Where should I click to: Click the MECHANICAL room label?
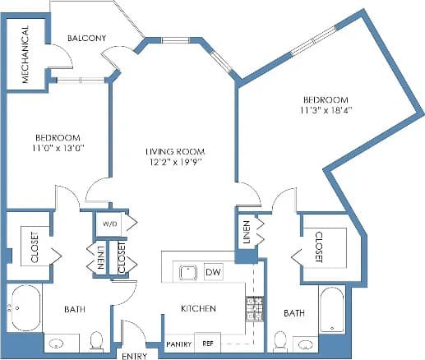pos(25,55)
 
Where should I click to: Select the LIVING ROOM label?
pos(174,152)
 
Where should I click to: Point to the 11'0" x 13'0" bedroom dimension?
pos(57,148)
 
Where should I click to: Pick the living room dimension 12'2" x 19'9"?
pos(174,163)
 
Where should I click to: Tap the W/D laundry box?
pos(109,224)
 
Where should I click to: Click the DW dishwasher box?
pos(213,271)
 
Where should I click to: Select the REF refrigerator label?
pos(208,344)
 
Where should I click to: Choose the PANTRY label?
pos(178,344)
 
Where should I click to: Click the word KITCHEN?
pos(198,309)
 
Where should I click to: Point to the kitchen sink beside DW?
pos(187,271)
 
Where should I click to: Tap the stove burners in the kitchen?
pos(253,307)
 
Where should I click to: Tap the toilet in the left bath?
pos(95,339)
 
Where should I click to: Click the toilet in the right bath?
pos(279,340)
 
